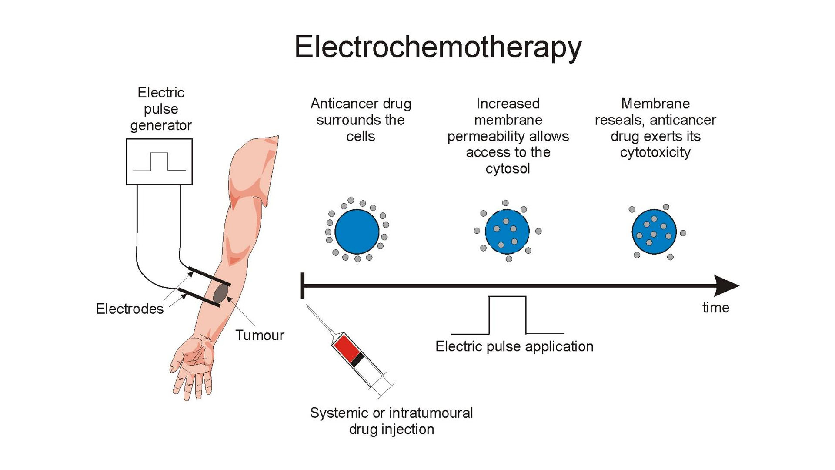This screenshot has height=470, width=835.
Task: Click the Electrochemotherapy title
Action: [438, 47]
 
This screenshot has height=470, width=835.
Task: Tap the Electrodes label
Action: [130, 309]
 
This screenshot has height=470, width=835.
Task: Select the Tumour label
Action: [260, 336]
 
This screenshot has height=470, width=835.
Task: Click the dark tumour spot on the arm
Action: [221, 294]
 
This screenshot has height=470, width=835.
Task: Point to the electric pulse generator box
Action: [159, 162]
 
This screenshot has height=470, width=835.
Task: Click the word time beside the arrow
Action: [715, 308]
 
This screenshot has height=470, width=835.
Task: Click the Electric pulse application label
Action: [514, 346]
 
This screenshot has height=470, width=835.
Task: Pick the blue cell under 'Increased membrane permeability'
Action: [507, 232]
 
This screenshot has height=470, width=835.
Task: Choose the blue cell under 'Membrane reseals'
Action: [654, 232]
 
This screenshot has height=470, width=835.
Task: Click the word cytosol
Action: [508, 168]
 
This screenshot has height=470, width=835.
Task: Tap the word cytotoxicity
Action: [655, 152]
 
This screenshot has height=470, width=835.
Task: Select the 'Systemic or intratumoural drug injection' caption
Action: [391, 421]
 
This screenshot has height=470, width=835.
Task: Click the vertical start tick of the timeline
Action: [302, 286]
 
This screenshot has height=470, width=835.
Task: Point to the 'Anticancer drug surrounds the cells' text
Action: [361, 120]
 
